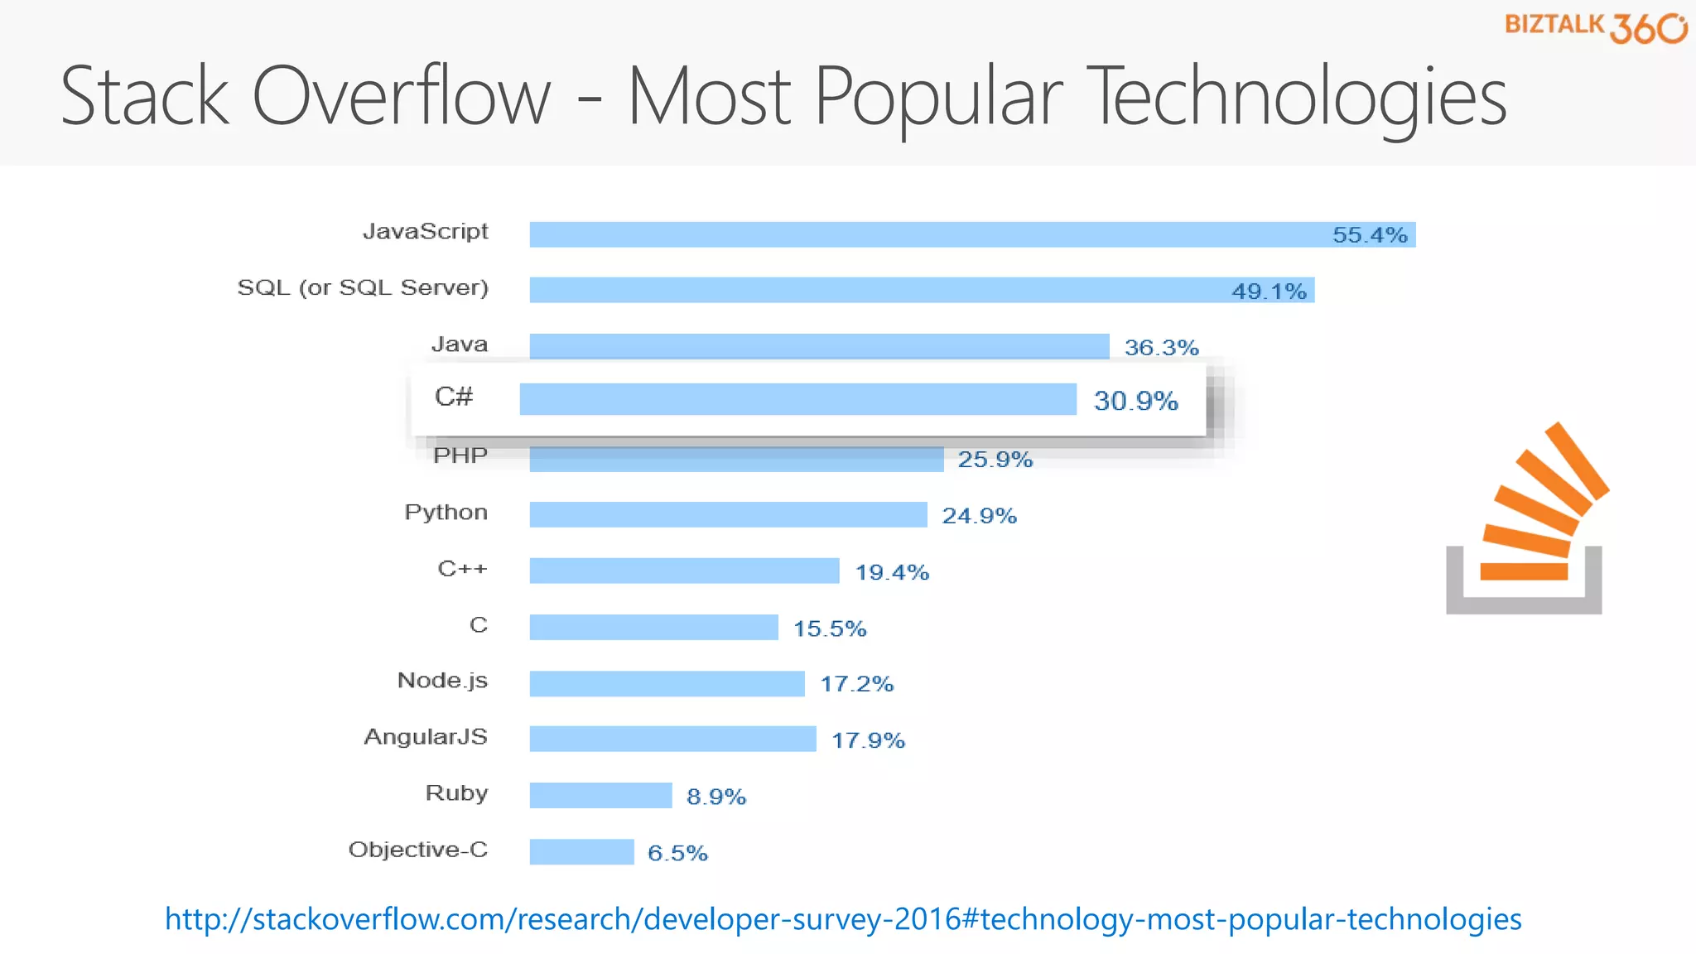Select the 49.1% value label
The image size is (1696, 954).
1269,291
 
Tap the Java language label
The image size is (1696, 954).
460,344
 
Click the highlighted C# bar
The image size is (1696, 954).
797,399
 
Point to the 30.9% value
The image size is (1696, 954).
1135,401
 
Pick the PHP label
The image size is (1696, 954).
460,455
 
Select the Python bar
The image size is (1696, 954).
728,514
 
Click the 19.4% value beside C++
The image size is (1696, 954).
892,572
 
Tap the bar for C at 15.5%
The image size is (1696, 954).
653,627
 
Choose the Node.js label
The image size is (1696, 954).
442,681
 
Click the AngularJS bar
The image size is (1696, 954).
672,739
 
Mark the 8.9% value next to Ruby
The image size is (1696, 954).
716,797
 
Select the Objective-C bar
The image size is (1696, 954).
581,851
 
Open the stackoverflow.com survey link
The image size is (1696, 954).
843,919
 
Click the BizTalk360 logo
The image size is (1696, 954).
1595,26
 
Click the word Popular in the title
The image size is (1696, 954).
938,98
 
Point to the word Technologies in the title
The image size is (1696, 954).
1296,98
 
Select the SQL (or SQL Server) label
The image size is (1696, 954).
363,288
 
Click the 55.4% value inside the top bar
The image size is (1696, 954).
1370,235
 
